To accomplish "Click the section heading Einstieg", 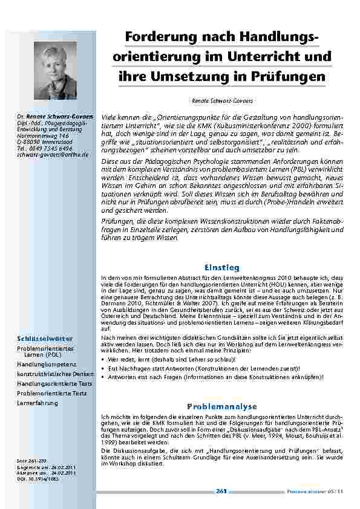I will (222, 267).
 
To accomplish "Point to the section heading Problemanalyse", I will (222, 406).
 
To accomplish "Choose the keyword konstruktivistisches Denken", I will (47, 374).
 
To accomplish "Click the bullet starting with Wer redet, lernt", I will (182, 358).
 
